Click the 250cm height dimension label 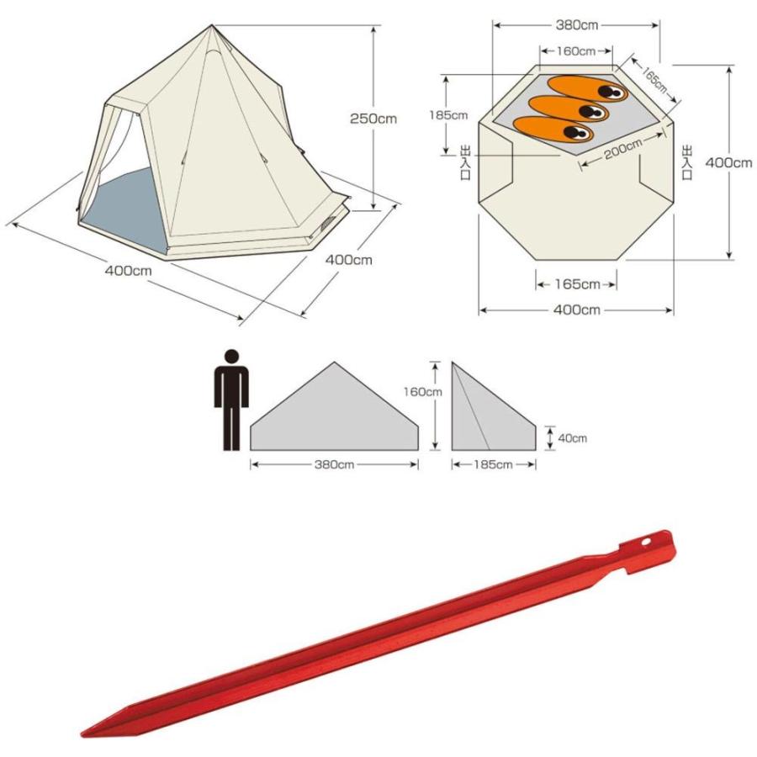(373, 119)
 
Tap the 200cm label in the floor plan (622, 149)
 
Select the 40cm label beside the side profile (572, 438)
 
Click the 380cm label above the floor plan (576, 25)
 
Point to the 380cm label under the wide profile (334, 464)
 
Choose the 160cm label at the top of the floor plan (576, 51)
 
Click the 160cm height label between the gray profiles (423, 391)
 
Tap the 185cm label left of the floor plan (448, 115)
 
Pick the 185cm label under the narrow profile (493, 464)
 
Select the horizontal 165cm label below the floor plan (577, 284)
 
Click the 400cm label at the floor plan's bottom (576, 310)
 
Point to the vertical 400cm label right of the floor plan (728, 162)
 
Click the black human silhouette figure (232, 400)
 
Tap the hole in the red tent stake (646, 542)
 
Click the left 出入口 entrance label (465, 162)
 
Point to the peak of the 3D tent (211, 25)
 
